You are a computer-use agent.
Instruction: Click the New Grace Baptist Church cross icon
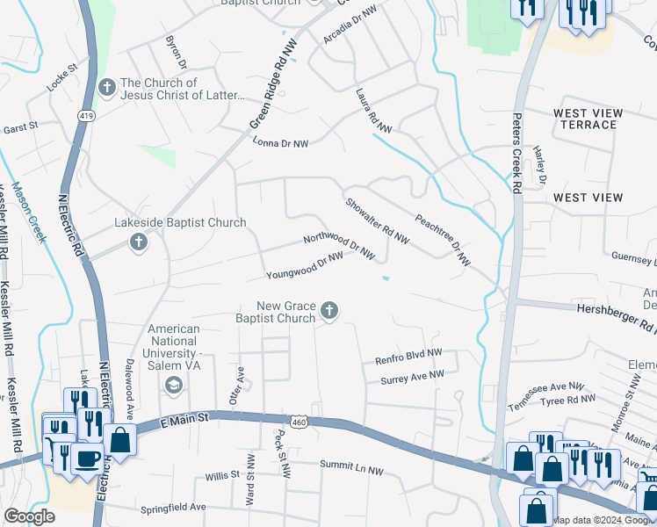(329, 309)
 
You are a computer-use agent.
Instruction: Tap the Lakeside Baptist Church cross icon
(137, 242)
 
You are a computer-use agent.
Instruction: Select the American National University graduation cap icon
(173, 386)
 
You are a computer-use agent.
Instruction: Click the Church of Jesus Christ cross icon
(107, 87)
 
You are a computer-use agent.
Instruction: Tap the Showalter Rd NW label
(378, 220)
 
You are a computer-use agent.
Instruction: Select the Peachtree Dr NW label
(444, 242)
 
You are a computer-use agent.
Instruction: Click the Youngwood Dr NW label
(304, 264)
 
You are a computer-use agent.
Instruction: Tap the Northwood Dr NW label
(339, 245)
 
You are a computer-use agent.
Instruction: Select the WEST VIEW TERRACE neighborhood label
(588, 119)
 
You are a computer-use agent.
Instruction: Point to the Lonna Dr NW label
(280, 142)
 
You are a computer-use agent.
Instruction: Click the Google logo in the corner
(29, 516)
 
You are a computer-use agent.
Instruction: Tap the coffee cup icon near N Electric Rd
(86, 458)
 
